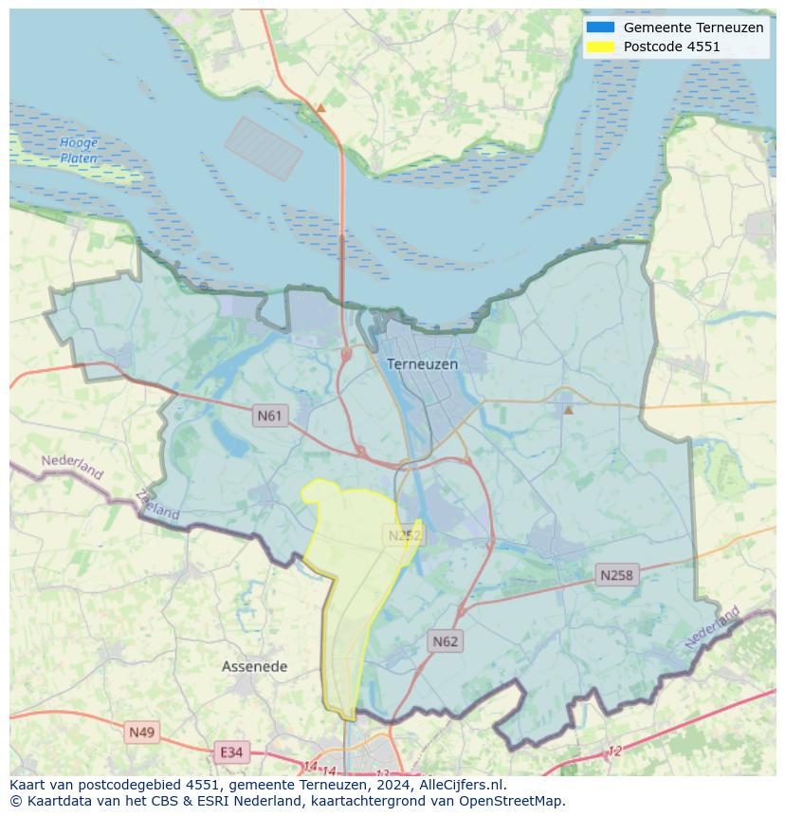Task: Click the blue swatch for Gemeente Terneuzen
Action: click(x=600, y=28)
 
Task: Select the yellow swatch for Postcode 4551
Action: click(x=600, y=46)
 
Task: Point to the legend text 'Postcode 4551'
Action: click(x=671, y=46)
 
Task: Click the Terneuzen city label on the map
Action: click(x=422, y=363)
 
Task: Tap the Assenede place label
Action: click(x=254, y=667)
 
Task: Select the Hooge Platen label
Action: click(x=79, y=151)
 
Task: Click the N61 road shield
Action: click(x=270, y=416)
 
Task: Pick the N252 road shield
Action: click(x=405, y=536)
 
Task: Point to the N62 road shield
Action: click(x=445, y=641)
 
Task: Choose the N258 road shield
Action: click(x=616, y=575)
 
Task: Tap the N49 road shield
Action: click(x=141, y=732)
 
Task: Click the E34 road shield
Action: click(x=230, y=752)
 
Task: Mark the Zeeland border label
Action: click(x=157, y=504)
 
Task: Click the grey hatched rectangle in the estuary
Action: click(x=263, y=148)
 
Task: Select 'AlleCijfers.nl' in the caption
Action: click(x=462, y=785)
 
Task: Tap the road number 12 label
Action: click(x=614, y=751)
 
